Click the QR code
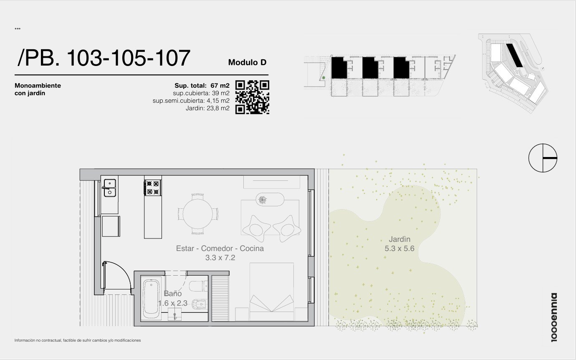point(252,97)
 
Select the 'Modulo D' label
point(247,62)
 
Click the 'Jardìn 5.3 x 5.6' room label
point(399,243)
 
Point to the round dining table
point(197,214)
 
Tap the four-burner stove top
point(153,188)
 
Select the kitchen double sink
point(110,188)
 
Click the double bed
point(272,292)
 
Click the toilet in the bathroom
point(198,286)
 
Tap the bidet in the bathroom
point(199,304)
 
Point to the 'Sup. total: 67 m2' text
point(202,86)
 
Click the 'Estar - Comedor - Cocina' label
point(220,248)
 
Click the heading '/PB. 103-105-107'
point(104,58)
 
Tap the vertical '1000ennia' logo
point(554,317)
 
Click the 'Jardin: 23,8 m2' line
point(207,108)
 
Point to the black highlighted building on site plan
point(514,55)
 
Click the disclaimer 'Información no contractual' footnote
point(78,340)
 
